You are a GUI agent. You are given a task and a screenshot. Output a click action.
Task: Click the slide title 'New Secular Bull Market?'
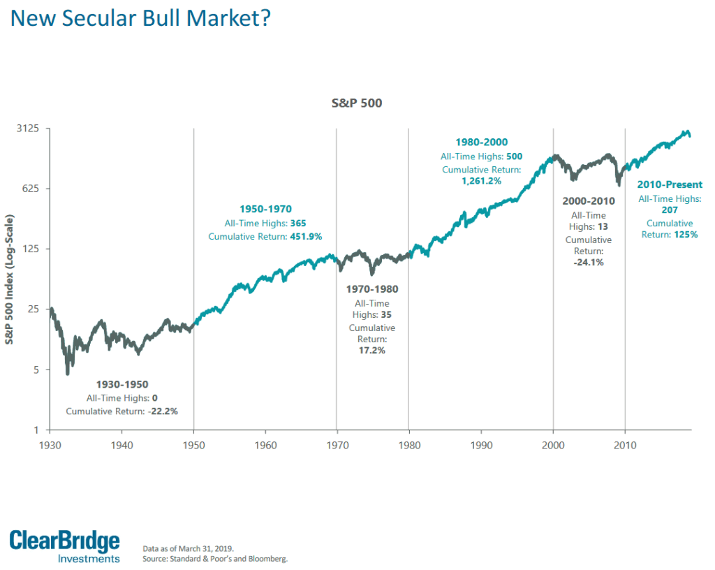coord(140,18)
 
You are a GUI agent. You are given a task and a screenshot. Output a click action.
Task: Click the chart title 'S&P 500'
coord(357,103)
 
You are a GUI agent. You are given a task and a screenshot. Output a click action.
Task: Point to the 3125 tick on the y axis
coord(27,129)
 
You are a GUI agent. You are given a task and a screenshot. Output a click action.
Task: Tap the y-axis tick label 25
coord(32,309)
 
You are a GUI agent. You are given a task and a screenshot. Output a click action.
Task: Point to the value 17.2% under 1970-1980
coord(371,350)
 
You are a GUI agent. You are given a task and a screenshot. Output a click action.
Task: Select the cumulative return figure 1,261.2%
coord(481,181)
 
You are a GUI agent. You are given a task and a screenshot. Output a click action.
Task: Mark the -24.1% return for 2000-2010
coord(588,263)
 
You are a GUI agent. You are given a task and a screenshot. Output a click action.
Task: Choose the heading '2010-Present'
coord(669,185)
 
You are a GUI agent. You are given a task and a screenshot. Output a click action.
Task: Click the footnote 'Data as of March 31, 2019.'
coord(188,548)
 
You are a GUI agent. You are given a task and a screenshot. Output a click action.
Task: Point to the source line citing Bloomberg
coord(214,559)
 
